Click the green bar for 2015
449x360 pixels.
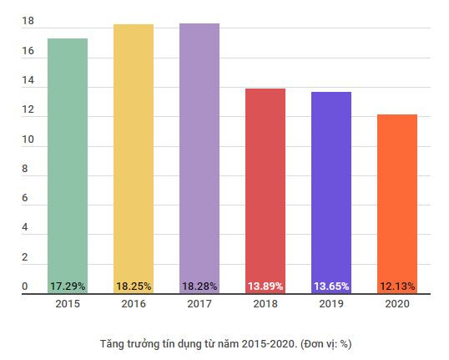(68, 159)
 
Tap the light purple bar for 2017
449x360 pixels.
(199, 150)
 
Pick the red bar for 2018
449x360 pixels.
(265, 184)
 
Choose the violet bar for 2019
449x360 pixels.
(331, 185)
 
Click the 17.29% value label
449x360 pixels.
(68, 286)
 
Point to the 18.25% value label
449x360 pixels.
(134, 286)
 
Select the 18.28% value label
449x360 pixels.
(199, 286)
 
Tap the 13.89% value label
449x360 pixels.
(265, 286)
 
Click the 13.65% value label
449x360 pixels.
(331, 286)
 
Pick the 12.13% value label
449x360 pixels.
(397, 286)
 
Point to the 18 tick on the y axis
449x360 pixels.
(28, 23)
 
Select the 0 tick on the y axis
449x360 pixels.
(25, 286)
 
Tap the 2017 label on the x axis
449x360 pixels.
(199, 304)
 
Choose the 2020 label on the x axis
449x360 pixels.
(397, 304)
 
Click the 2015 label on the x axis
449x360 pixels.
(68, 304)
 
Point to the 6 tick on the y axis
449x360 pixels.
(25, 199)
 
